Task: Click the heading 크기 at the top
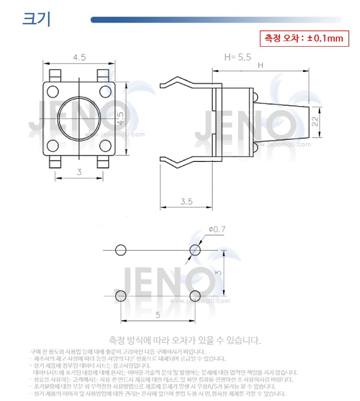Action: [x=36, y=20]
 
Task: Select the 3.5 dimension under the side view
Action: [x=186, y=201]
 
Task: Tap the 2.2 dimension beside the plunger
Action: [x=315, y=121]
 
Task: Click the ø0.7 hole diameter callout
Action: [x=217, y=229]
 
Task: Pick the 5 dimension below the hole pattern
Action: [x=157, y=315]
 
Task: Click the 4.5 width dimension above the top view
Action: [x=79, y=58]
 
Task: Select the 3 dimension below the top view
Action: [x=79, y=172]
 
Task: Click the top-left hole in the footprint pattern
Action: [x=120, y=250]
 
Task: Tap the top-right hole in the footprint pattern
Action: [x=195, y=250]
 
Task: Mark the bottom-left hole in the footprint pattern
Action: [x=120, y=295]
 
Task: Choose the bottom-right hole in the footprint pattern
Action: [x=195, y=295]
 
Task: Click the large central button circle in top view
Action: [x=79, y=119]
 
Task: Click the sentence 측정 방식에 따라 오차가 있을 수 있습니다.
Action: [x=185, y=341]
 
